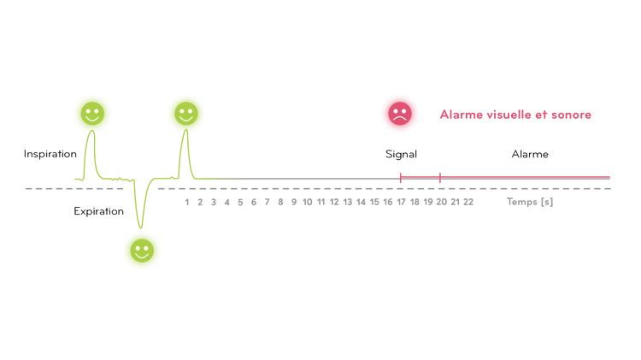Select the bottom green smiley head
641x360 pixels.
pyautogui.click(x=141, y=249)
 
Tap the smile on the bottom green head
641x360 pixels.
pyautogui.click(x=141, y=255)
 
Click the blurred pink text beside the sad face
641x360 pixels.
pyautogui.click(x=515, y=115)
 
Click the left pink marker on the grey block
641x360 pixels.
pyautogui.click(x=400, y=179)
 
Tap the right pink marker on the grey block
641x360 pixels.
pyautogui.click(x=440, y=179)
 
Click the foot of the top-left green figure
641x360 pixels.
pyautogui.click(x=79, y=179)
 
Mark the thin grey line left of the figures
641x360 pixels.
pyautogui.click(x=43, y=188)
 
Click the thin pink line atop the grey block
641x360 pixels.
pyautogui.click(x=513, y=175)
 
